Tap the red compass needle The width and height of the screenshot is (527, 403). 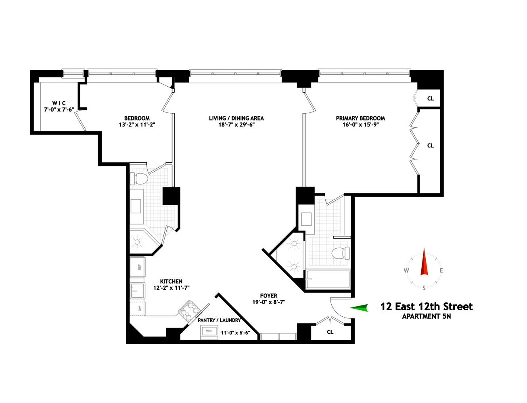click(424, 262)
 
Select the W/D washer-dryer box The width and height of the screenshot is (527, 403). click(209, 331)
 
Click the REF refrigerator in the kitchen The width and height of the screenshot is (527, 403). click(138, 267)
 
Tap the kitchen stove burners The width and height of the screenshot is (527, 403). click(189, 310)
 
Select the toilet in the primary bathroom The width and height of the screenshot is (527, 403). click(340, 253)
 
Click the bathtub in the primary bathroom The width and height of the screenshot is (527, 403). click(328, 279)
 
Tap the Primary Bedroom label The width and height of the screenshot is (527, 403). click(360, 118)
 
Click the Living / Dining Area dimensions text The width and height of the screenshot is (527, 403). click(236, 125)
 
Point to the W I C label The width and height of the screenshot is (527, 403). click(59, 103)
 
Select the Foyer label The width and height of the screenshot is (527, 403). click(269, 295)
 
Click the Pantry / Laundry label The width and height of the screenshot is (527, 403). click(219, 320)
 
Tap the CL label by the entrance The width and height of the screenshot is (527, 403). click(330, 332)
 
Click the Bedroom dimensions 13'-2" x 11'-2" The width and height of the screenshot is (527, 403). click(137, 125)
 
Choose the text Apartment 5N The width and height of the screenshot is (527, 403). click(427, 316)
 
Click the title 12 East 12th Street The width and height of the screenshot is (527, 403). click(427, 307)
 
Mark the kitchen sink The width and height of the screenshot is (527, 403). click(137, 290)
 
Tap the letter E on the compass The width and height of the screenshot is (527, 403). click(441, 270)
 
